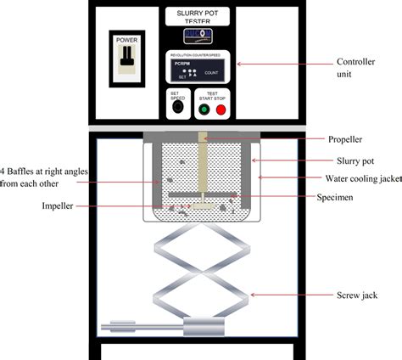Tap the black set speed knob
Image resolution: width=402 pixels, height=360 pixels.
pos(177,107)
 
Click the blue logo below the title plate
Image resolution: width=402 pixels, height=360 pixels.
pos(198,37)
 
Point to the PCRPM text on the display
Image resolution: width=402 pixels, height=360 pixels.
pos(181,63)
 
